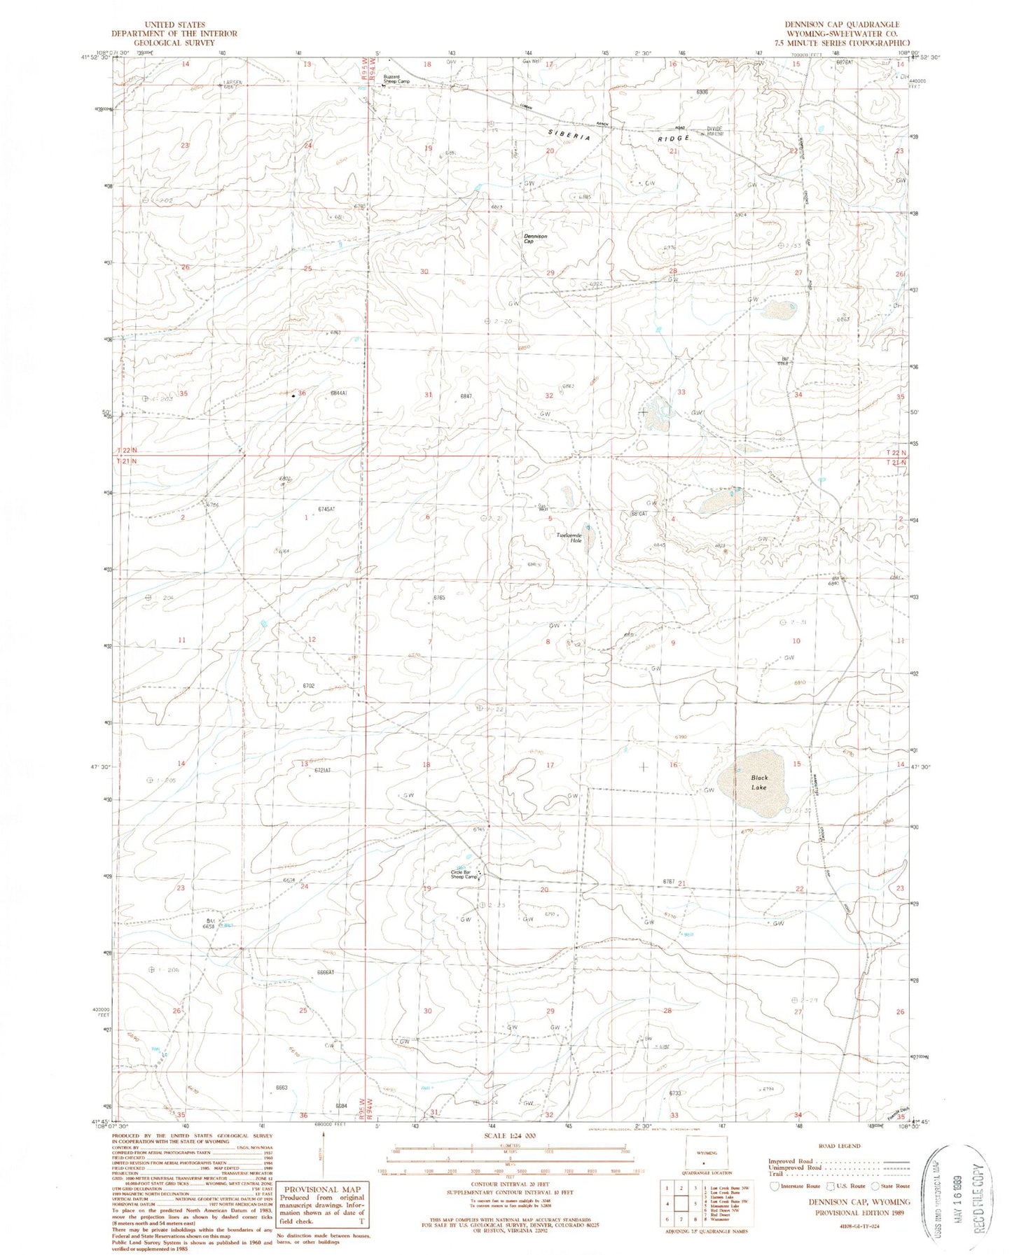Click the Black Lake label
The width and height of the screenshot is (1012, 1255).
(759, 782)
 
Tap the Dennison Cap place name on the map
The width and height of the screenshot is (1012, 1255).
(535, 239)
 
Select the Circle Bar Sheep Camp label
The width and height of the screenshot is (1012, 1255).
(464, 874)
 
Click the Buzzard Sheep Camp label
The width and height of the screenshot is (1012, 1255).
(396, 79)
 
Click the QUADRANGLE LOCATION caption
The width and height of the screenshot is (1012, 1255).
(707, 1192)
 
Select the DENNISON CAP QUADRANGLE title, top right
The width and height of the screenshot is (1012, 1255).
(841, 24)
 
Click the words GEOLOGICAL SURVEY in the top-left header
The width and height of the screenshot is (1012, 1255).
(174, 43)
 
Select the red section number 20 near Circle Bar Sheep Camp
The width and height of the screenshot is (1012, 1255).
(544, 890)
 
